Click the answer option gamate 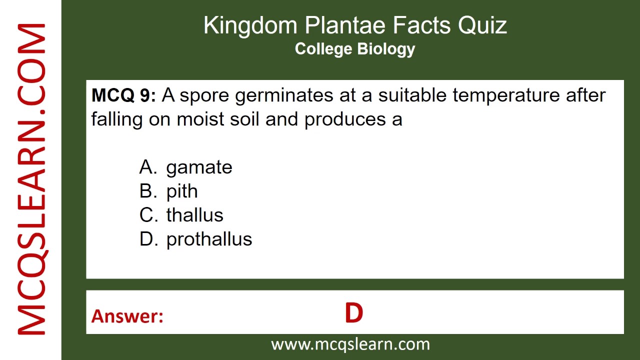pyautogui.click(x=199, y=167)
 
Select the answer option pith pyautogui.click(x=182, y=191)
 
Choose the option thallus pyautogui.click(x=194, y=215)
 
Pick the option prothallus pyautogui.click(x=209, y=239)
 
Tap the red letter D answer pyautogui.click(x=353, y=313)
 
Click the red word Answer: pyautogui.click(x=127, y=316)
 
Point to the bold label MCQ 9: pyautogui.click(x=123, y=95)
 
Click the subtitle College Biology pyautogui.click(x=355, y=49)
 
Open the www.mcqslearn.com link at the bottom pyautogui.click(x=350, y=344)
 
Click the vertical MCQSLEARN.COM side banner pyautogui.click(x=31, y=180)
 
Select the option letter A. pyautogui.click(x=148, y=167)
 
